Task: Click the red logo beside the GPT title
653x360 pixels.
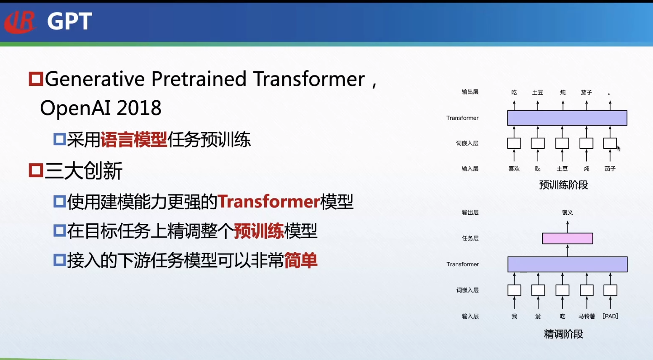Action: [20, 21]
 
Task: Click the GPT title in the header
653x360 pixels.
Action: [69, 21]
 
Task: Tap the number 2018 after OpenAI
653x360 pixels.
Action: [139, 108]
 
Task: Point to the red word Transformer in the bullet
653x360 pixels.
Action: [269, 202]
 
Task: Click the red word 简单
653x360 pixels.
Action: [300, 260]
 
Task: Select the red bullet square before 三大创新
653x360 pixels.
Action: [36, 170]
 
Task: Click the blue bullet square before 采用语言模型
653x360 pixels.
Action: [59, 139]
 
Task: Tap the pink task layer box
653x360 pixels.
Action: [567, 238]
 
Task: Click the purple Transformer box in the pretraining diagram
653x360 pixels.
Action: [567, 118]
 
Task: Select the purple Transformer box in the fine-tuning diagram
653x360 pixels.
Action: [567, 264]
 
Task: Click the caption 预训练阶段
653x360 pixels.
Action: [563, 185]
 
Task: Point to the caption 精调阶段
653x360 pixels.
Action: [563, 334]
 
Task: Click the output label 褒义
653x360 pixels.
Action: [567, 212]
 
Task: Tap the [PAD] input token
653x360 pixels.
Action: [610, 316]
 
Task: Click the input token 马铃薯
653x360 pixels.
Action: [587, 316]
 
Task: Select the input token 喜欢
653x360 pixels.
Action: [514, 168]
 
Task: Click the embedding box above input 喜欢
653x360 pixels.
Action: [514, 143]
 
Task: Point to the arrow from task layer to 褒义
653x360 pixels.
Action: [567, 227]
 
